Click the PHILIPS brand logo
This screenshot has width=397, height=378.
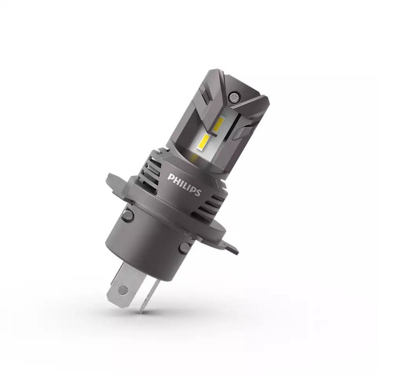pyautogui.click(x=185, y=184)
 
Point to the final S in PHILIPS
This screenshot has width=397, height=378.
pyautogui.click(x=198, y=193)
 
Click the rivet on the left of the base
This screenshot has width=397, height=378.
pyautogui.click(x=127, y=215)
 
